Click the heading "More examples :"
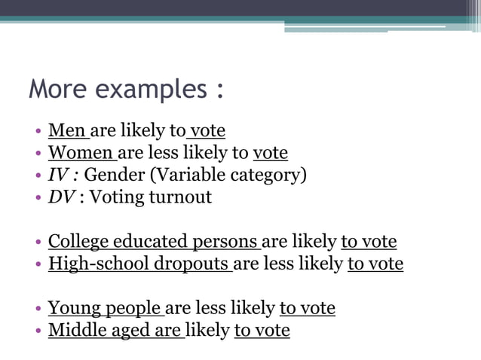pyautogui.click(x=126, y=90)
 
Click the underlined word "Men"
pyautogui.click(x=66, y=131)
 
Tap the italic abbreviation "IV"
pyautogui.click(x=58, y=175)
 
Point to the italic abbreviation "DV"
pyautogui.click(x=61, y=197)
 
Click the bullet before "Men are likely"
pyautogui.click(x=38, y=132)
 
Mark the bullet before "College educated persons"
pyautogui.click(x=38, y=243)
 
